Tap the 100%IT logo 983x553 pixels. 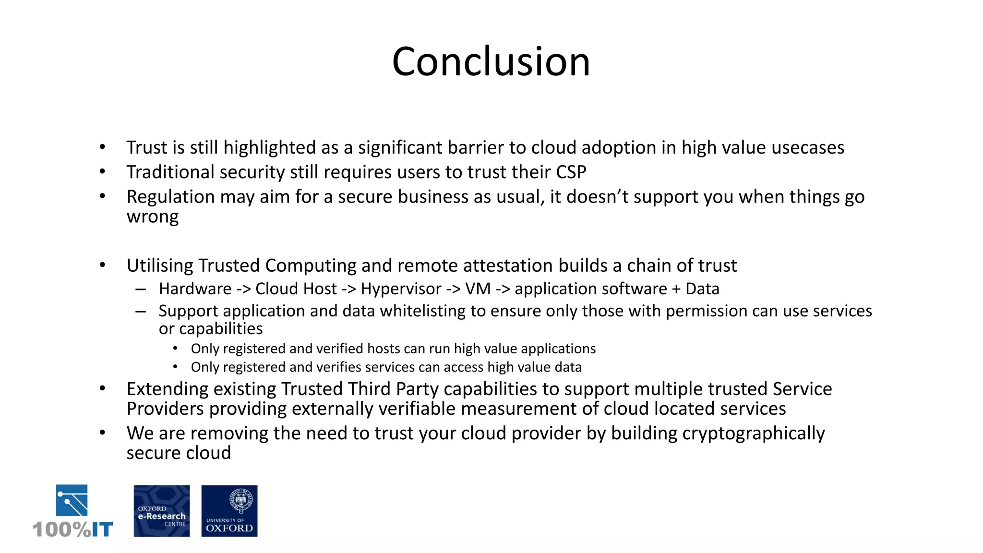(72, 511)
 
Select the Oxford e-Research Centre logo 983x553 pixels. (161, 511)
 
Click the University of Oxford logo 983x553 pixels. (229, 511)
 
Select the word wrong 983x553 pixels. (153, 217)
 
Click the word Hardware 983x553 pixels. (195, 289)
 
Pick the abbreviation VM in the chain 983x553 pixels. (478, 289)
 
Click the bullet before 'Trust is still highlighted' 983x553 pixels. (102, 147)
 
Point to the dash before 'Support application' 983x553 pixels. (141, 312)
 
